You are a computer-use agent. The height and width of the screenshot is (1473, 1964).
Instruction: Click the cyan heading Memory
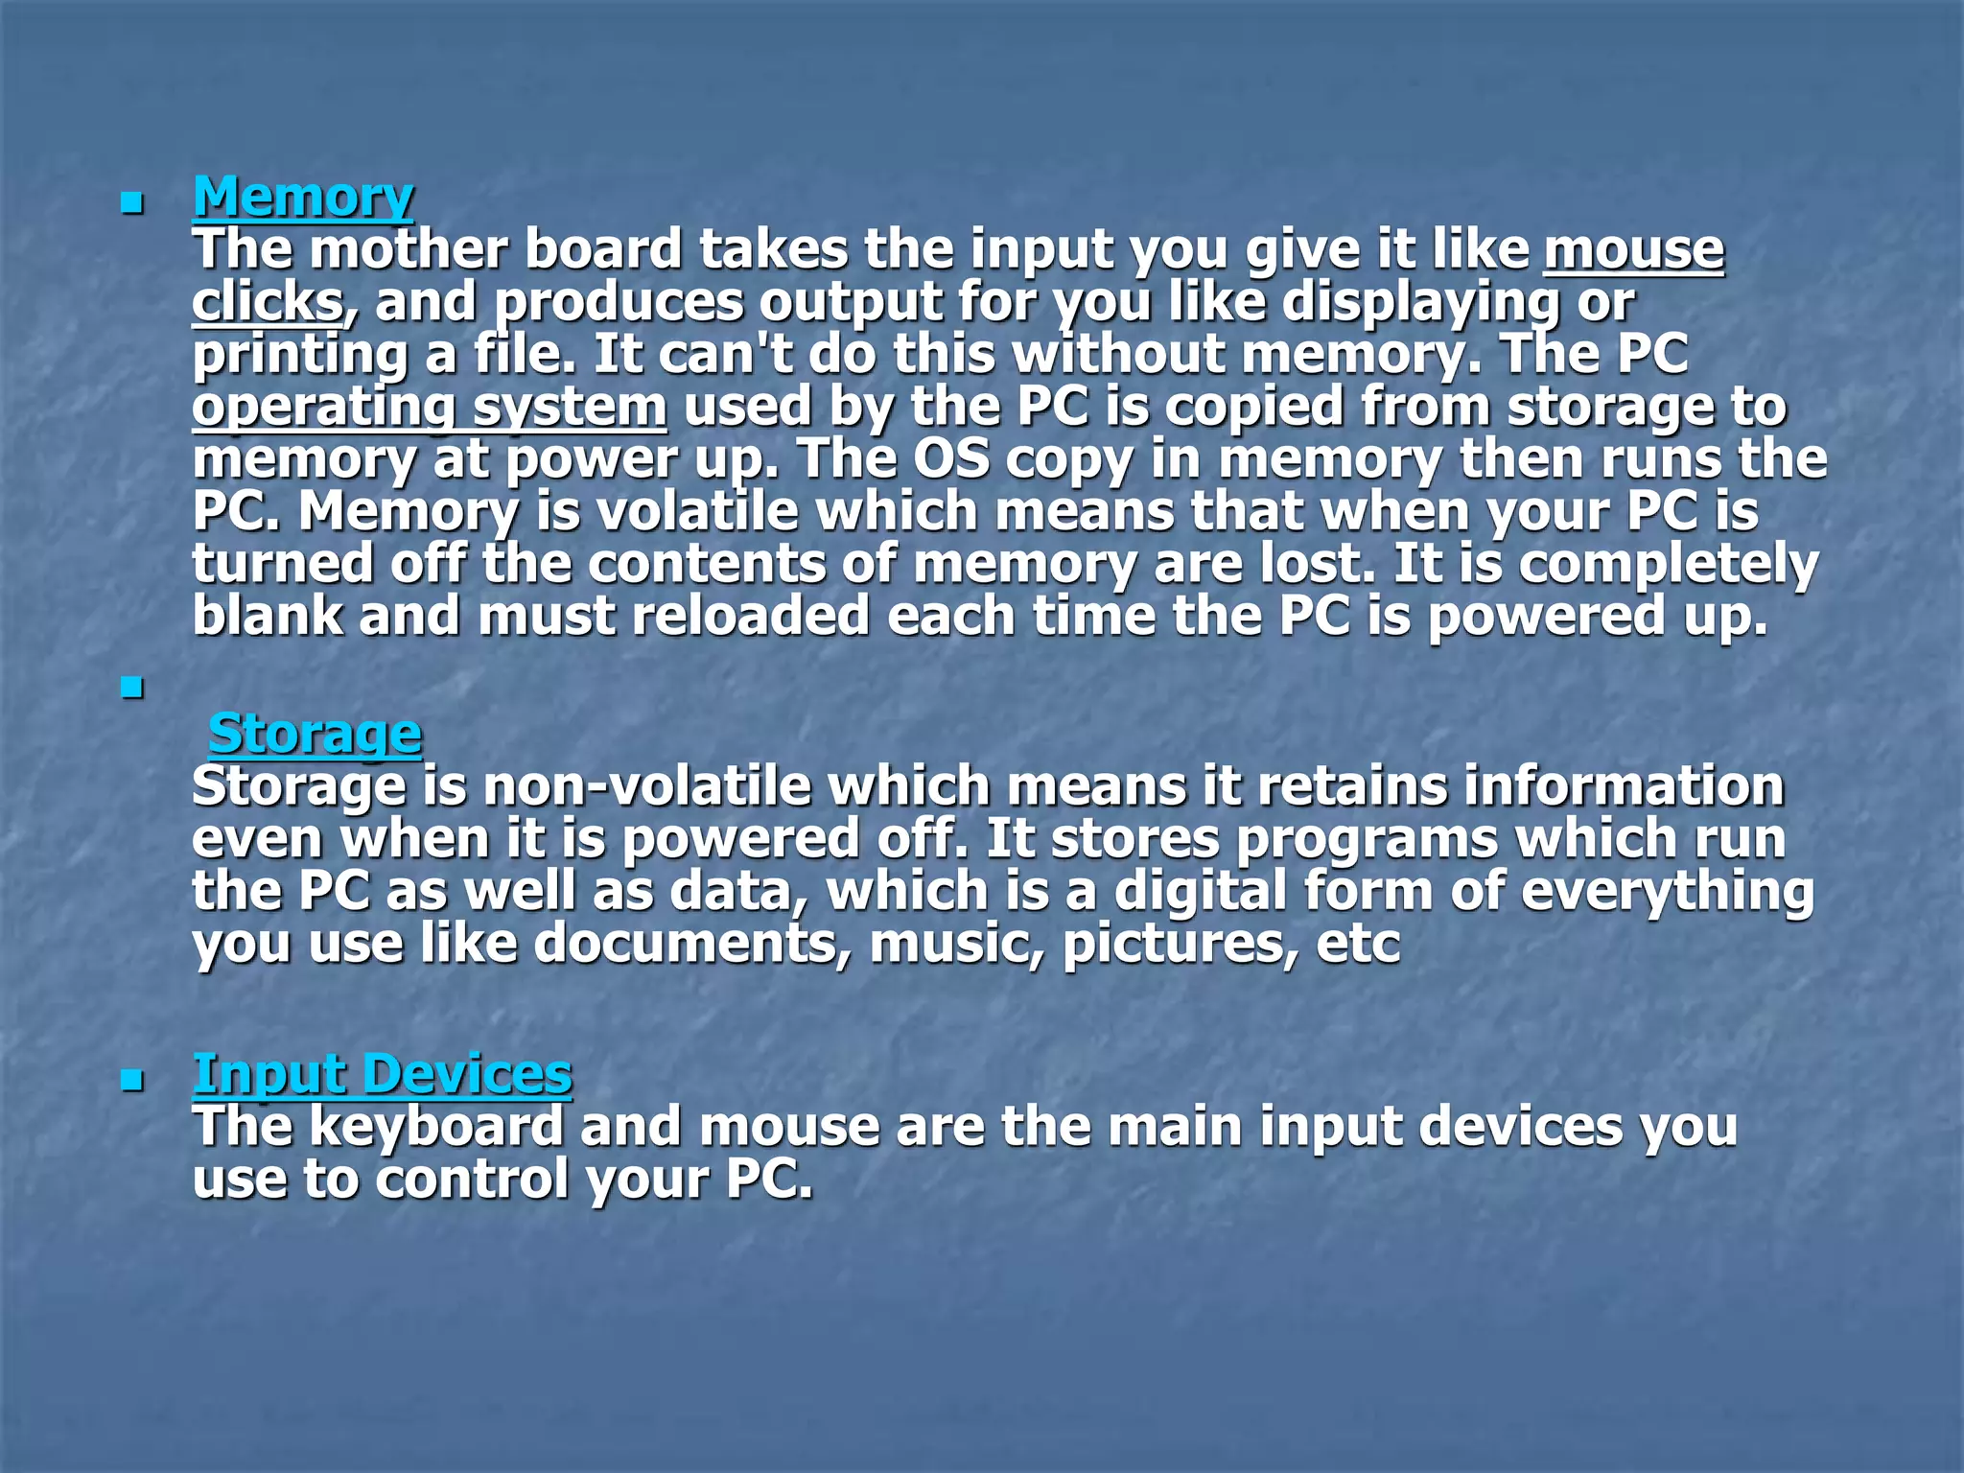click(x=303, y=197)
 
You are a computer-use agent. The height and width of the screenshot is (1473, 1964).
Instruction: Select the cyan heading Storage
click(x=315, y=734)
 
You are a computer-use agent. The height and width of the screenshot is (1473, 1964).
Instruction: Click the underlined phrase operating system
click(x=430, y=407)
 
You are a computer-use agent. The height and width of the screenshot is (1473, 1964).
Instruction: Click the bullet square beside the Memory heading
click(x=132, y=203)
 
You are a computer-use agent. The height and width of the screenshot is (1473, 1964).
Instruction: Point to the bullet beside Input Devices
click(x=132, y=1082)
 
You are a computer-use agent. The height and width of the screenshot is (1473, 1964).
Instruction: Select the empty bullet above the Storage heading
click(x=132, y=688)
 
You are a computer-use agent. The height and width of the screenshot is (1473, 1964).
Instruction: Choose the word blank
click(x=268, y=616)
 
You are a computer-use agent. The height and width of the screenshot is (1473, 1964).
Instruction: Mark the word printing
click(x=299, y=355)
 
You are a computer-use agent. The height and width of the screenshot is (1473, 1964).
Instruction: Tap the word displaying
click(x=1420, y=302)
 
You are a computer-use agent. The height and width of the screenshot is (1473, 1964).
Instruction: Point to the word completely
click(x=1668, y=564)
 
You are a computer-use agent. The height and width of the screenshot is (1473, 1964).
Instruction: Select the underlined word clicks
click(x=268, y=302)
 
